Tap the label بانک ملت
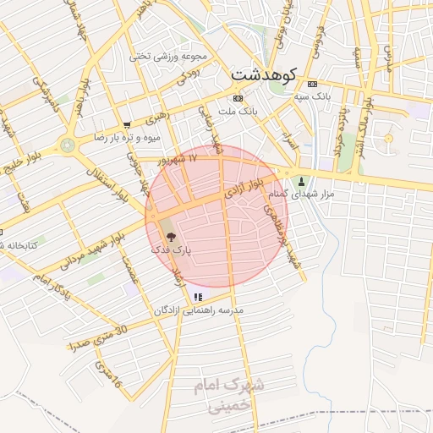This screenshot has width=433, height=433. coord(237,112)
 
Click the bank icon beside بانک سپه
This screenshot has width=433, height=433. coord(312,85)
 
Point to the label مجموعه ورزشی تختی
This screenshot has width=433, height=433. coord(168,56)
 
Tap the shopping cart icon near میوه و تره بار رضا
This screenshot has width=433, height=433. coord(127,124)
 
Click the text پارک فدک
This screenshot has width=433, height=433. coord(172,250)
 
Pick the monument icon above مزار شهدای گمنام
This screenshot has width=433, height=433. coord(301,181)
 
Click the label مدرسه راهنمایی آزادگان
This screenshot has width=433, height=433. coord(199,310)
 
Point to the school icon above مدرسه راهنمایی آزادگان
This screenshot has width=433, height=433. coord(198,297)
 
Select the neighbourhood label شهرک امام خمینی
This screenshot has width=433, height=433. coord(228,394)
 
